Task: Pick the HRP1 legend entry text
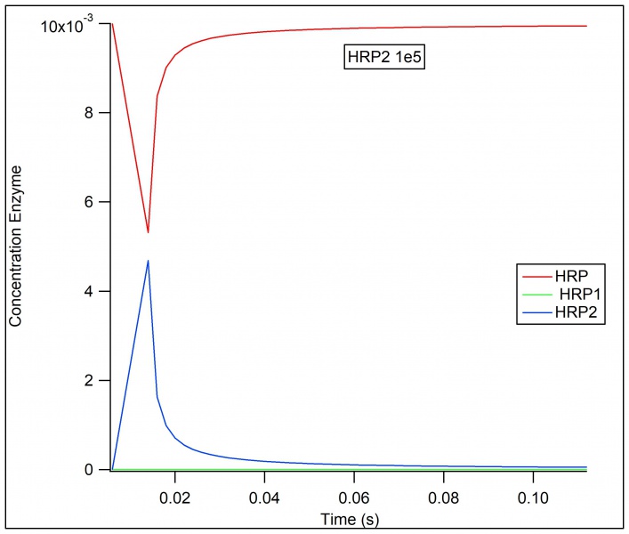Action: coord(575,294)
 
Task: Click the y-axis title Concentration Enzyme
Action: coord(15,251)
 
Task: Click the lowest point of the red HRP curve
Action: coord(148,232)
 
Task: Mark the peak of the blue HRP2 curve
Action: coord(148,261)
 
